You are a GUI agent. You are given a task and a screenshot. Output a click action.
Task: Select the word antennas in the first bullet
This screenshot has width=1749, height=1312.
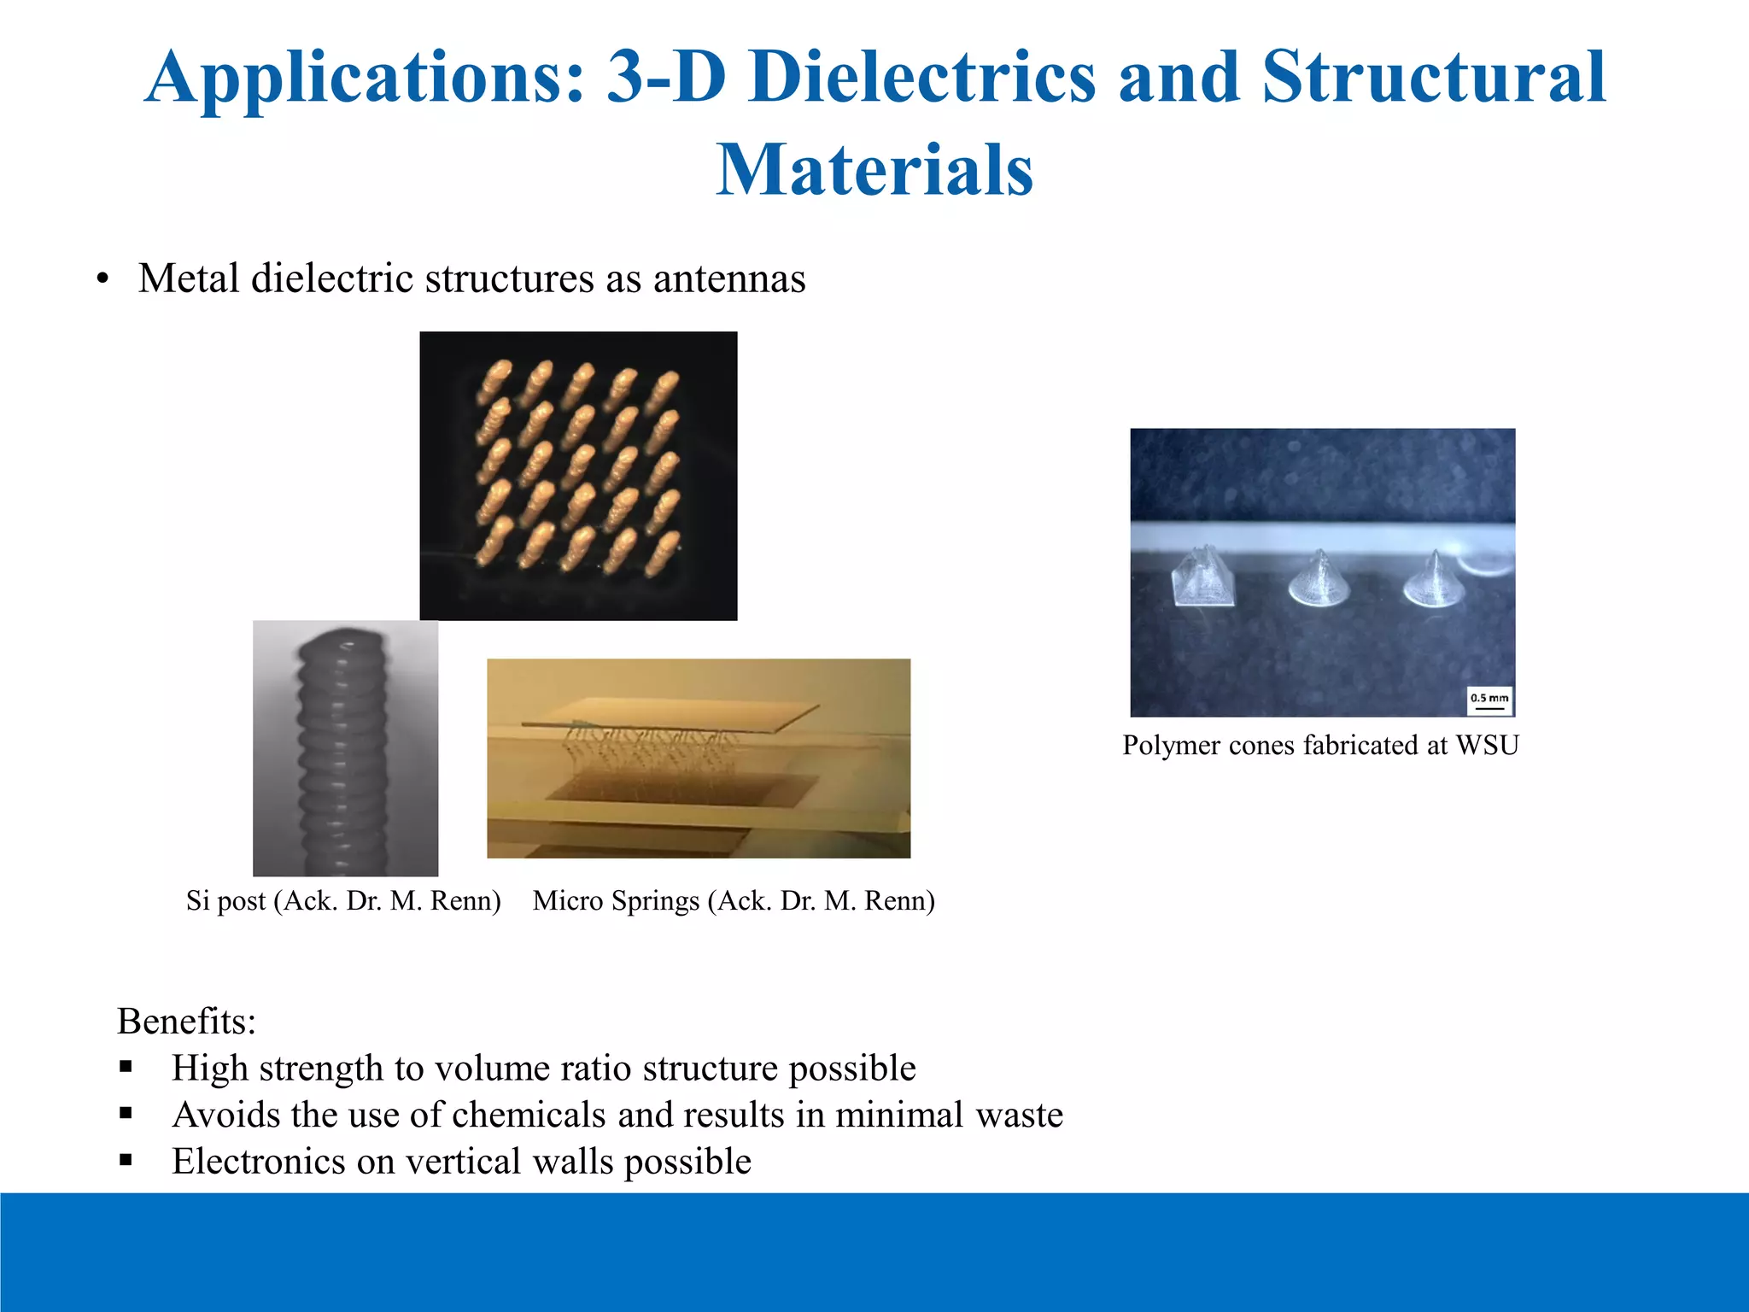[729, 278]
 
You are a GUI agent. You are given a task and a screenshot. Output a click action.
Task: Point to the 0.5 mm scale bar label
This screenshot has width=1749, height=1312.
[1489, 698]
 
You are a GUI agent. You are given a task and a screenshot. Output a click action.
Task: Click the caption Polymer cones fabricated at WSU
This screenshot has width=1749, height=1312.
[1320, 745]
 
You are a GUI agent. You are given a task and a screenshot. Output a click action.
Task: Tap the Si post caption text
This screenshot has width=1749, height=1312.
[343, 900]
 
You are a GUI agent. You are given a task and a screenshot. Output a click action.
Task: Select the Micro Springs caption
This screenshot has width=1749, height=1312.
[734, 900]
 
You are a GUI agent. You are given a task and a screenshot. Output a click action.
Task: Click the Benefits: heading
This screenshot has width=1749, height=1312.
[186, 1021]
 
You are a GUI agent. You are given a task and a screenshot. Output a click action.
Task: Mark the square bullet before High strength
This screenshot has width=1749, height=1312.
[126, 1067]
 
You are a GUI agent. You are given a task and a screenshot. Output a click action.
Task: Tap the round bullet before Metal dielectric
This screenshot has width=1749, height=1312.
[103, 279]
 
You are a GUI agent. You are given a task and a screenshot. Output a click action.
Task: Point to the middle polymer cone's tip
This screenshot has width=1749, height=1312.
[1320, 553]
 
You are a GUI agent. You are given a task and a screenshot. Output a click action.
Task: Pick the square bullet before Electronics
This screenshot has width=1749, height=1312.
[126, 1160]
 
